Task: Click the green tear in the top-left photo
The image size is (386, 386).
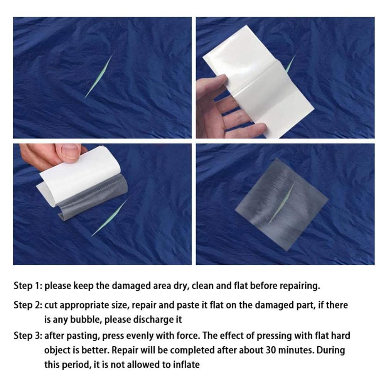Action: pos(99,76)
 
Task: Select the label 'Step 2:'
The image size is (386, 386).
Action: pos(28,305)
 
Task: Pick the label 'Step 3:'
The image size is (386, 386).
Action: pos(28,335)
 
